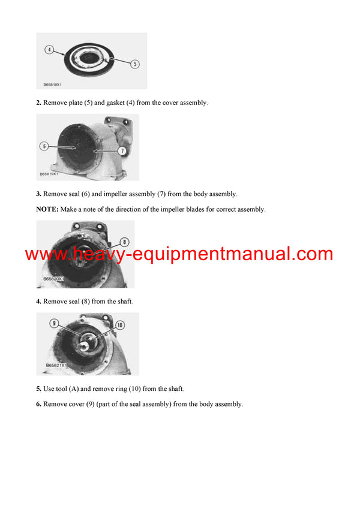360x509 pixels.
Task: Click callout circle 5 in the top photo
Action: click(135, 63)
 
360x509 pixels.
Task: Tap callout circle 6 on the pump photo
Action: click(44, 146)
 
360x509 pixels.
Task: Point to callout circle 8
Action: click(124, 242)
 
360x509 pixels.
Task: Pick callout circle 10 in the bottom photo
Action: click(119, 325)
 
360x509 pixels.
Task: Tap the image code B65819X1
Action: click(51, 174)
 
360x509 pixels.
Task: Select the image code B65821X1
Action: click(57, 365)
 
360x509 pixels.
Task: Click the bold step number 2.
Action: click(39, 103)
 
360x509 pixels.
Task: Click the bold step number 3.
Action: click(39, 194)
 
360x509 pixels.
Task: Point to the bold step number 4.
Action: click(39, 302)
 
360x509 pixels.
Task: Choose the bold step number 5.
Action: click(39, 389)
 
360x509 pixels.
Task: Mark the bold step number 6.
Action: click(39, 405)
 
